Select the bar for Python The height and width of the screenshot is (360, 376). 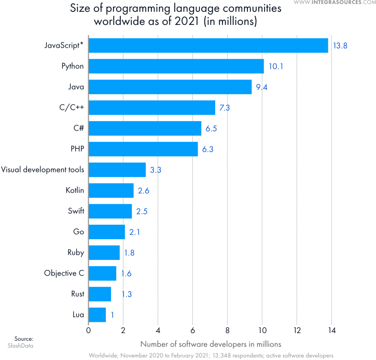point(176,66)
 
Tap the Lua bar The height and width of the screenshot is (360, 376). point(98,315)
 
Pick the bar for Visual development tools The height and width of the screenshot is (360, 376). point(117,170)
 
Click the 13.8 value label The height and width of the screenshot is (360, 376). point(340,46)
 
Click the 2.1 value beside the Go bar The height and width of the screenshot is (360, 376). point(134,232)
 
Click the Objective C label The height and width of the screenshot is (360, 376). point(64,273)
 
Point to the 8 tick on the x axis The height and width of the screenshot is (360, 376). point(227,330)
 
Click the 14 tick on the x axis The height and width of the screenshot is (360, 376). point(331,330)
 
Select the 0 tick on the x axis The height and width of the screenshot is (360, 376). point(89,330)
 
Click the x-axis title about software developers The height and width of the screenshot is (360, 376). point(211,343)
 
